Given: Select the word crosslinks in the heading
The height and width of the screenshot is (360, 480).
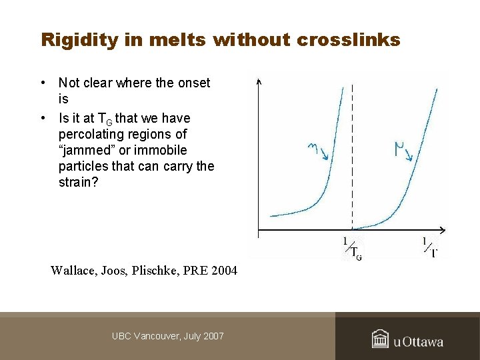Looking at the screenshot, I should tap(348, 40).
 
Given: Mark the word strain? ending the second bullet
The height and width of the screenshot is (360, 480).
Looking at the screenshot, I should tap(78, 182).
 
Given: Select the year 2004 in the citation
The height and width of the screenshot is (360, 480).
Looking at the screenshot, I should tap(221, 271).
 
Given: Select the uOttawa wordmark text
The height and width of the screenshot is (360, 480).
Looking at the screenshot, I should tap(418, 342).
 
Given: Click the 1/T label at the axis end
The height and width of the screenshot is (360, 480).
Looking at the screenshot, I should tap(430, 247).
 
